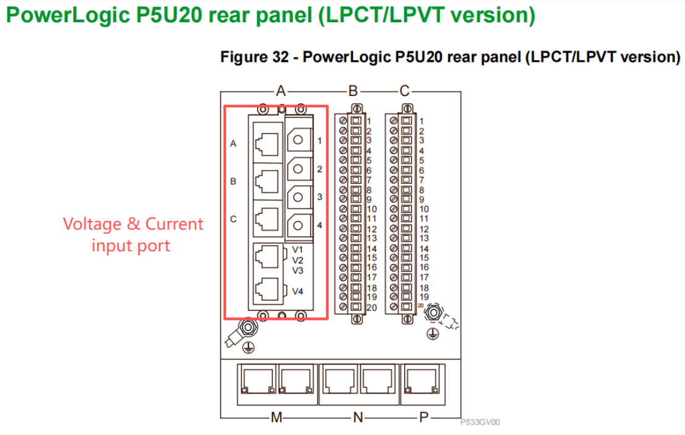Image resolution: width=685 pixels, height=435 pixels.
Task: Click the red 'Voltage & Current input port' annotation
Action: tap(132, 235)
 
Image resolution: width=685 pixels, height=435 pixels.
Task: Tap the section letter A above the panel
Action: tap(281, 92)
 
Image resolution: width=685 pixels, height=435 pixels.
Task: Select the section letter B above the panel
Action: tap(353, 92)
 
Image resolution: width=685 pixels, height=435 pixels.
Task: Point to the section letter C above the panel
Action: tap(404, 92)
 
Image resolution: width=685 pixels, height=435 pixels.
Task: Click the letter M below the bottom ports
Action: tap(276, 418)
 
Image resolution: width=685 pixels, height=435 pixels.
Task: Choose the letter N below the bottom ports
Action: tap(358, 418)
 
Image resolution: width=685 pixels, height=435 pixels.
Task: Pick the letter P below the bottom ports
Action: tap(423, 418)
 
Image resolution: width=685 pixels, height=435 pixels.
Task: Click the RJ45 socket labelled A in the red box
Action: tap(266, 143)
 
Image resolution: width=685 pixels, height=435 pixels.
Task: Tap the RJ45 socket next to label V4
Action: tap(266, 290)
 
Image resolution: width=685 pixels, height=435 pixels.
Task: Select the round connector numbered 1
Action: tap(299, 140)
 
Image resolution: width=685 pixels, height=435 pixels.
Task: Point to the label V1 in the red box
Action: tap(298, 249)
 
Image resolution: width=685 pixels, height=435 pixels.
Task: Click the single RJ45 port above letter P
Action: tap(423, 379)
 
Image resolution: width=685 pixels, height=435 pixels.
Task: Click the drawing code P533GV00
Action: tap(480, 423)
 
